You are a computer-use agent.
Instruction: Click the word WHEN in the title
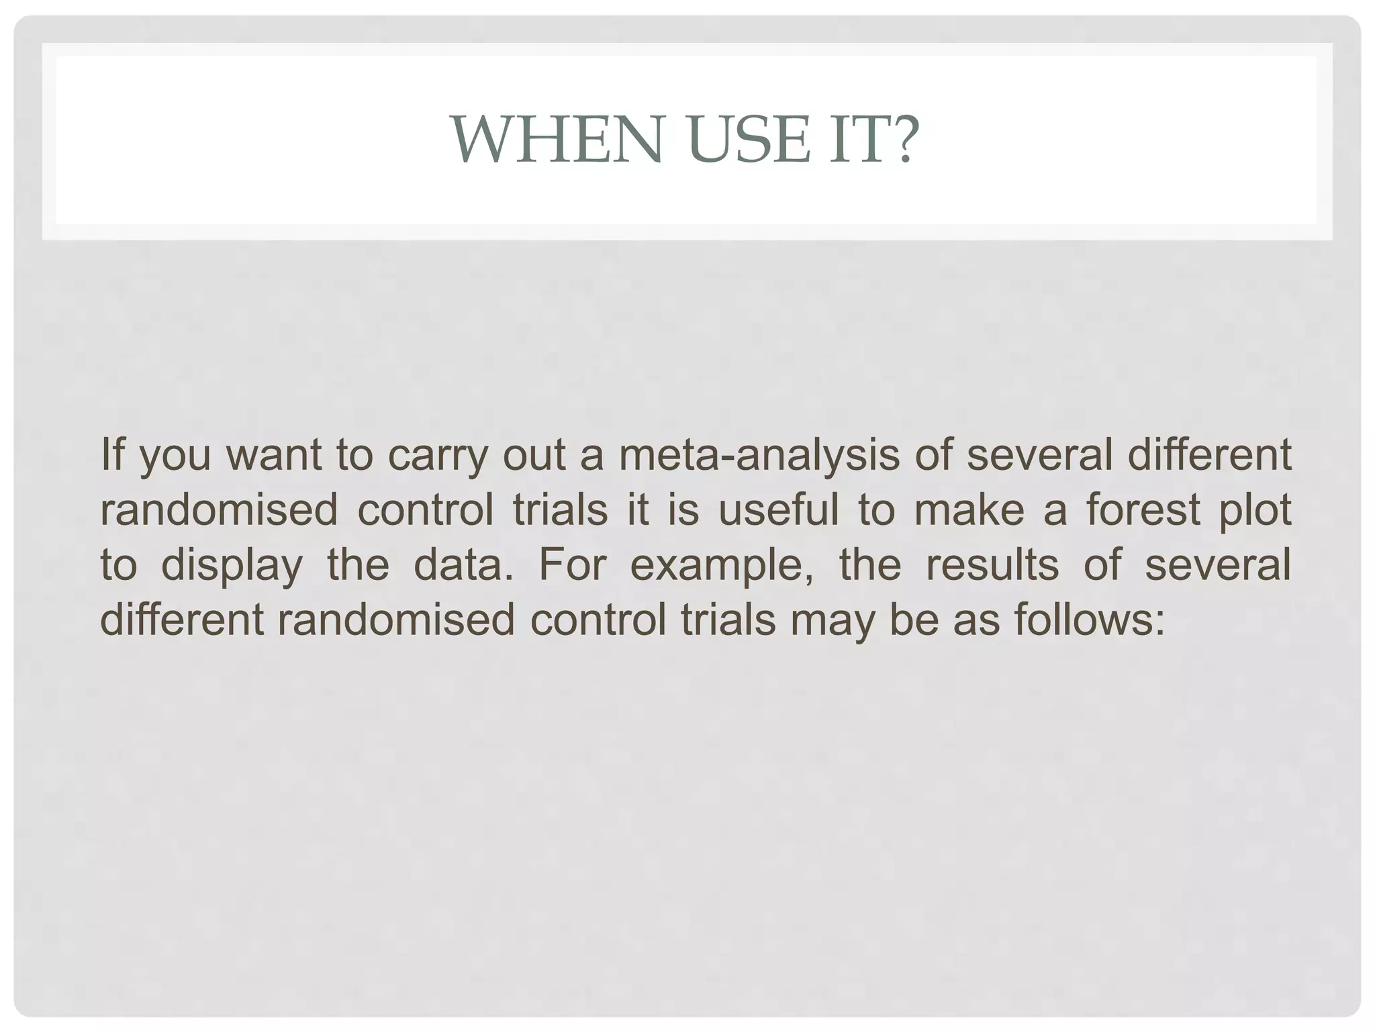coord(558,140)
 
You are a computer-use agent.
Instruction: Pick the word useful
coord(778,509)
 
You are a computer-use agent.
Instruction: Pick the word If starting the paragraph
coord(112,454)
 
